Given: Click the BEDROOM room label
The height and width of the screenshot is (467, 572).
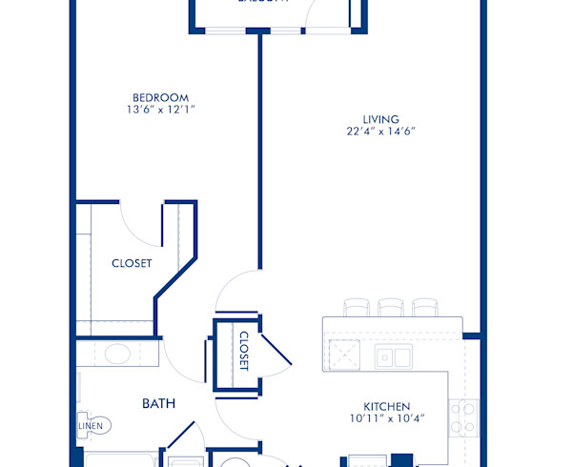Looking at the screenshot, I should (160, 97).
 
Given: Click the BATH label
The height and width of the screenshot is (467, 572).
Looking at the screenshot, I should (158, 404).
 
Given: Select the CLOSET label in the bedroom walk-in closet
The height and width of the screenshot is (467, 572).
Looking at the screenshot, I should (132, 264).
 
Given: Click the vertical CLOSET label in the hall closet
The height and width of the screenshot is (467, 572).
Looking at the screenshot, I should (243, 352).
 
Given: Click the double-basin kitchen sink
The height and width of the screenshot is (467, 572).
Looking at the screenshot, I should (393, 357).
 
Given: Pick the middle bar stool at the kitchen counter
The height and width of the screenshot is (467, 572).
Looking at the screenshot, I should (390, 307).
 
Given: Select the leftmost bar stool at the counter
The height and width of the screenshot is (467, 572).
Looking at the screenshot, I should (355, 307).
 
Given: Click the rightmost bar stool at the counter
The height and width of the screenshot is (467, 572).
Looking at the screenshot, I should (424, 307).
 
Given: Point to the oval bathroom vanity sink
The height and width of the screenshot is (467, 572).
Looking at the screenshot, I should (117, 356).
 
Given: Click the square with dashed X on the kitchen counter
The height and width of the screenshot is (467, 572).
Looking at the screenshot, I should (343, 354).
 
